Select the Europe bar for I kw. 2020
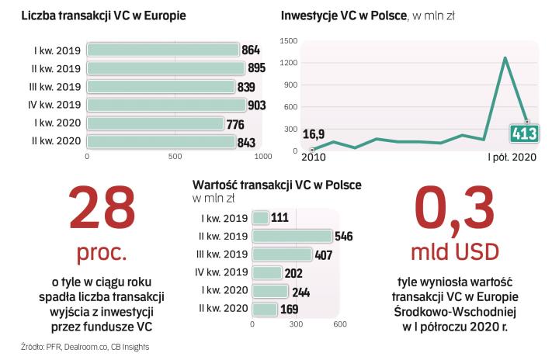pos(155,123)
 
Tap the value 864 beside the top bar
pos(252,50)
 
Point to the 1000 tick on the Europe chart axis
pos(263,157)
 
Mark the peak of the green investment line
pos(505,57)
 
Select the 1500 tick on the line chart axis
pos(288,40)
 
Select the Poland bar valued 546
pos(292,236)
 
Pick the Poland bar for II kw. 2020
pos(266,309)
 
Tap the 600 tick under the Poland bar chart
pos(339,324)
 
